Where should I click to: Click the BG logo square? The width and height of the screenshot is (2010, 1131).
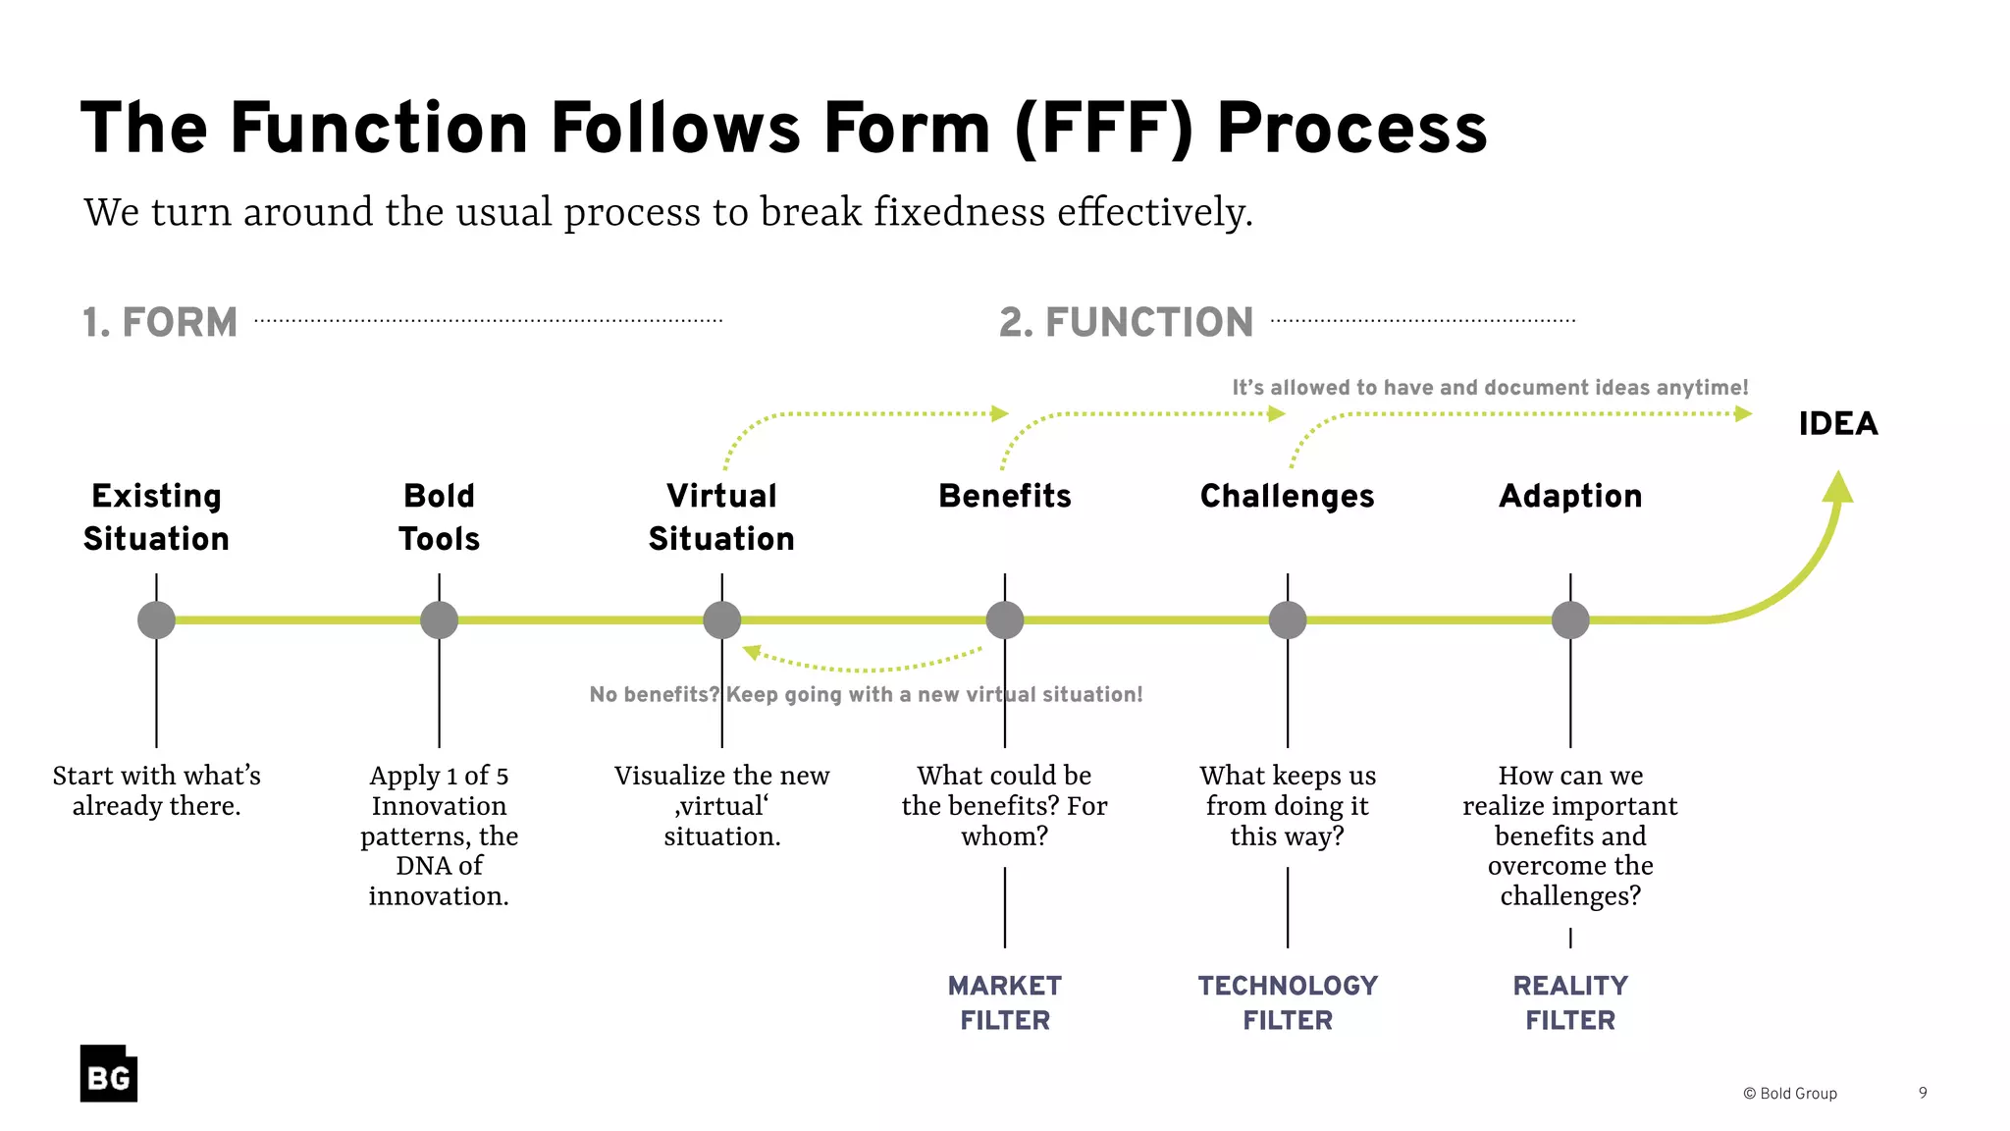[x=108, y=1073]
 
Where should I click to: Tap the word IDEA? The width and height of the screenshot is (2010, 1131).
[x=1837, y=424]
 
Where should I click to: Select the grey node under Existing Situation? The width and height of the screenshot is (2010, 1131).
[x=156, y=620]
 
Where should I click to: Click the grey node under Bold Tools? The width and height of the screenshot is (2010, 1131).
[x=439, y=620]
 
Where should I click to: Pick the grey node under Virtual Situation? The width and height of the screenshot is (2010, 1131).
[x=721, y=620]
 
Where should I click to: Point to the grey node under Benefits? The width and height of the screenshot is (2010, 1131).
[x=1004, y=620]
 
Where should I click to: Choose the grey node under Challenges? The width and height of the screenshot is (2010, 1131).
[x=1287, y=620]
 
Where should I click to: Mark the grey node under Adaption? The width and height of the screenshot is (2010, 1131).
[x=1569, y=620]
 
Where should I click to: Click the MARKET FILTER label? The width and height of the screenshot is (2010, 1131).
[x=1004, y=1002]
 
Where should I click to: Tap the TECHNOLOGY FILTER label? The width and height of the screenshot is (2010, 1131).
[x=1287, y=1002]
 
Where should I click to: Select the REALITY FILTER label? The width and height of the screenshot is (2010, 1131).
[x=1569, y=1002]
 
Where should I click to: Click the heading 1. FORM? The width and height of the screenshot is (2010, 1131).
[x=160, y=323]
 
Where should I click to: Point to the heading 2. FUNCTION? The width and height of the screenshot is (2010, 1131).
[x=1126, y=323]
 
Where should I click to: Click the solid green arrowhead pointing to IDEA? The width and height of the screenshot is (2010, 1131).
[x=1838, y=488]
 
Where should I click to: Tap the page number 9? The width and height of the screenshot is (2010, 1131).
[x=1923, y=1093]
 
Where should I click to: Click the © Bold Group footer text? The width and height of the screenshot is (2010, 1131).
[x=1789, y=1094]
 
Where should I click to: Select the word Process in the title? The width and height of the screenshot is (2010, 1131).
[x=1351, y=129]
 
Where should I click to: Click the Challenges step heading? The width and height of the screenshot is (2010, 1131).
[x=1287, y=497]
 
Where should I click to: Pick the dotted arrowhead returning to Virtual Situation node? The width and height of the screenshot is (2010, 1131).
[x=752, y=652]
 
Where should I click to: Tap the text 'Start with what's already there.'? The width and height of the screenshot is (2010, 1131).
[x=156, y=790]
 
